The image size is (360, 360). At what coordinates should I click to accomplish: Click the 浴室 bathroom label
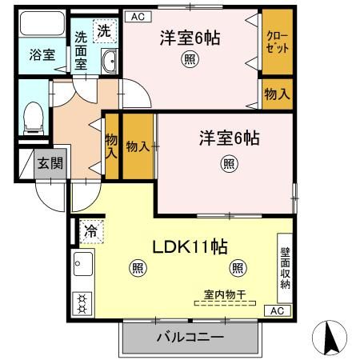click(42, 54)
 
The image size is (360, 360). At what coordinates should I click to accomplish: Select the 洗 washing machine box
click(105, 31)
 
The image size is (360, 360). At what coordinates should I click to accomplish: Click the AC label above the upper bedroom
click(136, 15)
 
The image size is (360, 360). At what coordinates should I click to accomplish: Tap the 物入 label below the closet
click(277, 94)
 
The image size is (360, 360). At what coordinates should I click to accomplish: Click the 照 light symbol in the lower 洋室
click(229, 164)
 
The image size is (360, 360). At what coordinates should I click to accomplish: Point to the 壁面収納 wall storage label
click(285, 267)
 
